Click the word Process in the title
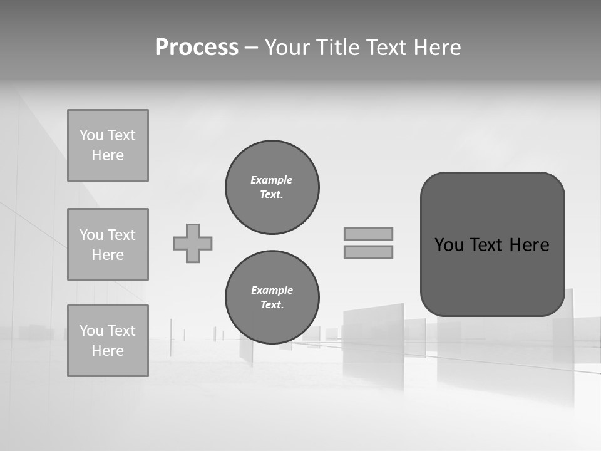tap(197, 48)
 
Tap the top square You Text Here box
tap(108, 145)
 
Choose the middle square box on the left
tap(108, 244)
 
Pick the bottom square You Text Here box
tap(108, 341)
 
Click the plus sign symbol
tap(193, 243)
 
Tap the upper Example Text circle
tap(272, 187)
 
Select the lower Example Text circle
tap(272, 298)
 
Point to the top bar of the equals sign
tap(368, 234)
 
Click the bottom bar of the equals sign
tap(368, 252)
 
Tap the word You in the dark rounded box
tap(449, 245)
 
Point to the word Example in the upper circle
tap(272, 180)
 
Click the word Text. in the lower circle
tap(272, 305)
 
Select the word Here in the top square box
tap(108, 155)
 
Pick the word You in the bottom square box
tap(91, 331)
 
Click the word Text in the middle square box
tap(121, 235)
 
